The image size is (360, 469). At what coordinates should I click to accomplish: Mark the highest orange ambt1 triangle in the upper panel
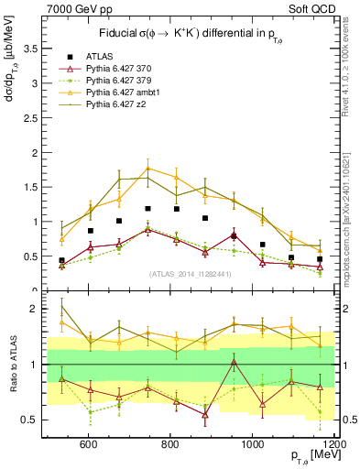(148, 169)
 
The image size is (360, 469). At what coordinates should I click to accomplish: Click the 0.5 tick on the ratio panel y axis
(31, 420)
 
